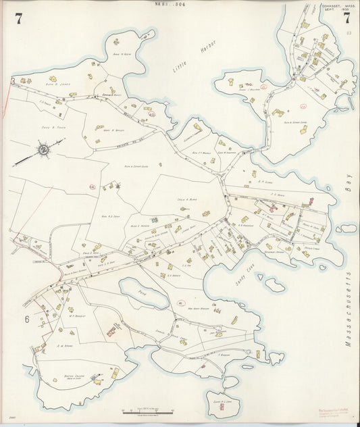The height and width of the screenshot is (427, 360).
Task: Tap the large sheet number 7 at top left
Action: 18,18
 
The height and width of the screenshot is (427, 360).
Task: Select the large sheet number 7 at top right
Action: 346,18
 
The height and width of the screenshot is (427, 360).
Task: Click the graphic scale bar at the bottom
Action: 147,409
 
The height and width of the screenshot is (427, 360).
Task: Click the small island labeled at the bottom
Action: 222,403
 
